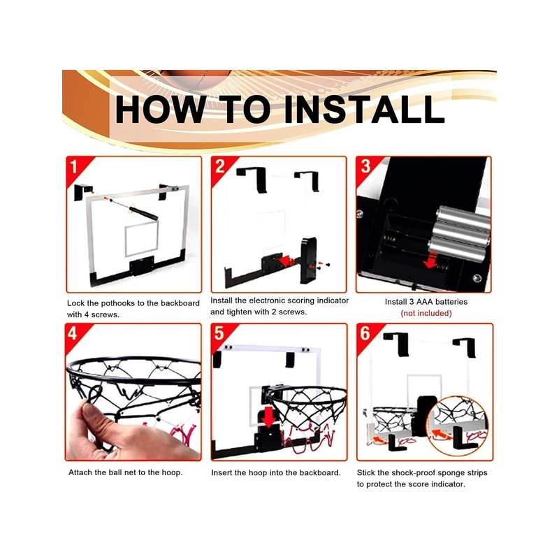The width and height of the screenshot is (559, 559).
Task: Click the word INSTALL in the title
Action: (363, 109)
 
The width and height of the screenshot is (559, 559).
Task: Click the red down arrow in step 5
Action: (269, 416)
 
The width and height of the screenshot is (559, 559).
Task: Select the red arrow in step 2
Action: (285, 260)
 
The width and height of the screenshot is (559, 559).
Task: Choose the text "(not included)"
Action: (426, 313)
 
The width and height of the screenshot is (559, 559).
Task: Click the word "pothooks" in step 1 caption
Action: (118, 303)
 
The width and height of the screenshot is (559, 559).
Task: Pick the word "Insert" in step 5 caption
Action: (222, 473)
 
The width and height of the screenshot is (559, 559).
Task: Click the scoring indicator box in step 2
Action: (308, 260)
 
